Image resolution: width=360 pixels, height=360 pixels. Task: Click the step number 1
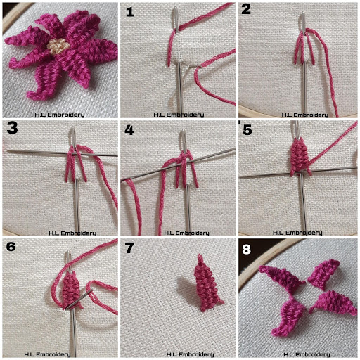pyautogui.click(x=130, y=12)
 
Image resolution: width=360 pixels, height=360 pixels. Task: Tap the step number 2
pyautogui.click(x=246, y=9)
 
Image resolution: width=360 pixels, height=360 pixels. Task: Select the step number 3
pyautogui.click(x=12, y=128)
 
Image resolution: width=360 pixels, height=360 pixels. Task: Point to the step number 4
pyautogui.click(x=129, y=130)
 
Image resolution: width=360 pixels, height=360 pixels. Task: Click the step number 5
pyautogui.click(x=247, y=129)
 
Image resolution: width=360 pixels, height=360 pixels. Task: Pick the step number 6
pyautogui.click(x=11, y=247)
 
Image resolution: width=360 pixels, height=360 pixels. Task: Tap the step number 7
pyautogui.click(x=129, y=248)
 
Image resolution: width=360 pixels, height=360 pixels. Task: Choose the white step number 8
pyautogui.click(x=247, y=250)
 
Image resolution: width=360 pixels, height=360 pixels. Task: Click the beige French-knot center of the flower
pyautogui.click(x=58, y=46)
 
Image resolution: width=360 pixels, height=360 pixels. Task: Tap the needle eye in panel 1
pyautogui.click(x=176, y=19)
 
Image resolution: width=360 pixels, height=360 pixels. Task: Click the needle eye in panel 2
pyautogui.click(x=303, y=23)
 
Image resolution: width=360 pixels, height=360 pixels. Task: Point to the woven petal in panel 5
pyautogui.click(x=300, y=157)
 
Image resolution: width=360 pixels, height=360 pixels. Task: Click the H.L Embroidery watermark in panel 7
pyautogui.click(x=190, y=354)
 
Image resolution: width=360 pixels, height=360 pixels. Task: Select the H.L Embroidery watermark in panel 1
pyautogui.click(x=179, y=115)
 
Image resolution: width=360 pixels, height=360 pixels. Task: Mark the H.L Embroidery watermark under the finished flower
pyautogui.click(x=60, y=115)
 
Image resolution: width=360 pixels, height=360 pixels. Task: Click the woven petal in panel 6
pyautogui.click(x=70, y=290)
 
